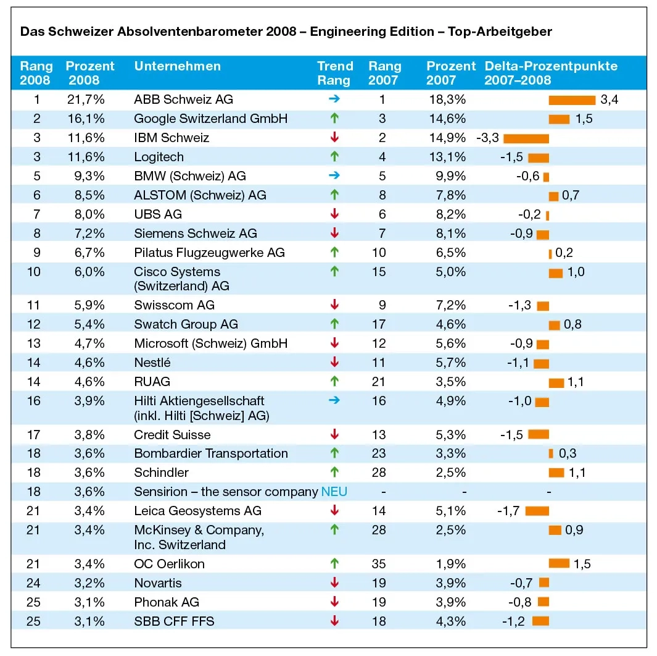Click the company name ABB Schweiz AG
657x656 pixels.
point(183,99)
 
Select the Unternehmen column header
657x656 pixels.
point(177,67)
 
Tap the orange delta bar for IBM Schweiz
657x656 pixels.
point(526,138)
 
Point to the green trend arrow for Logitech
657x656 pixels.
point(334,157)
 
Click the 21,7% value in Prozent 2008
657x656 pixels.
point(86,99)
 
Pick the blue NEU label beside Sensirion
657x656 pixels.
point(334,492)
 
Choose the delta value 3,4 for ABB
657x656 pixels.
point(609,100)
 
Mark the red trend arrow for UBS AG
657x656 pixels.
point(334,214)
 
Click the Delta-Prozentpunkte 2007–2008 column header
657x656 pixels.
point(550,73)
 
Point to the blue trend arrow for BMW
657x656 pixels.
point(334,176)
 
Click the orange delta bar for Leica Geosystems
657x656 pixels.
point(537,511)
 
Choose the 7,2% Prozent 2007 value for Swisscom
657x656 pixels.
point(446,305)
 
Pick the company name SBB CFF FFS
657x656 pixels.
point(174,621)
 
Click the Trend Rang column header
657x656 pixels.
point(335,73)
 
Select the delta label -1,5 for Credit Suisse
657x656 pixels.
point(511,434)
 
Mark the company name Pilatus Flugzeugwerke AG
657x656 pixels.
point(209,253)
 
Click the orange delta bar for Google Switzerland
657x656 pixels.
point(559,119)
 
